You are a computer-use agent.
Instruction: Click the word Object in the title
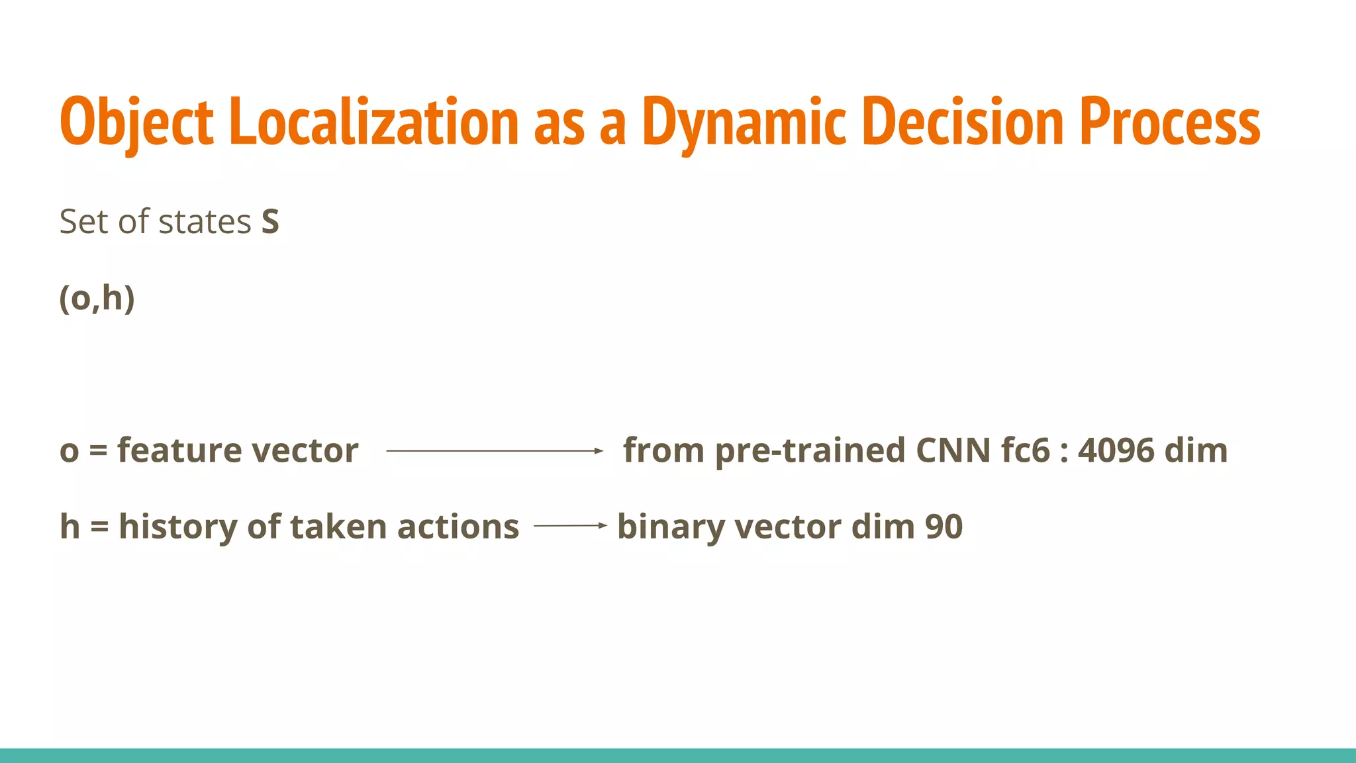pos(136,123)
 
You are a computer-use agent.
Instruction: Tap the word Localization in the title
pos(374,123)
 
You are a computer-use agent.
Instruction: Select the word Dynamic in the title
pos(744,123)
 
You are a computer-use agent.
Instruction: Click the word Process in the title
pos(1170,123)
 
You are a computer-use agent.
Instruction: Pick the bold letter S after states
pos(270,222)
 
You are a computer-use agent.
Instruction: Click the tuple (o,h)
pos(97,299)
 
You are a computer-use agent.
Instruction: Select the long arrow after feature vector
pos(494,451)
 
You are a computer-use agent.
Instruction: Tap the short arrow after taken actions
pos(569,526)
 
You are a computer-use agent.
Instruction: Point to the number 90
pos(944,527)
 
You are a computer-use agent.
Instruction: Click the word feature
pos(179,451)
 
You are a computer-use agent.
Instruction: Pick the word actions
pos(458,527)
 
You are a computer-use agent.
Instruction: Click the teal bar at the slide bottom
pos(678,756)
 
